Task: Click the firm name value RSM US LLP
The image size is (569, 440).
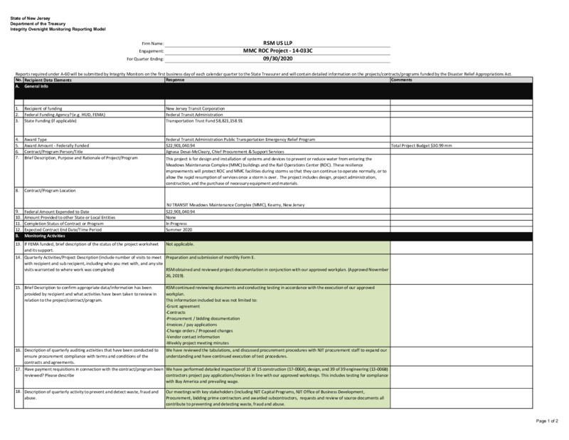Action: pyautogui.click(x=277, y=43)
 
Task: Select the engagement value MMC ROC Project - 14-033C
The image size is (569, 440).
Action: pyautogui.click(x=277, y=51)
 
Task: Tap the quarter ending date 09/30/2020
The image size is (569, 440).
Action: pyautogui.click(x=277, y=59)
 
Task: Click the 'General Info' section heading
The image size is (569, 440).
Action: pyautogui.click(x=39, y=85)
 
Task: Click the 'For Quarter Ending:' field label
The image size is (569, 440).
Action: pyautogui.click(x=145, y=59)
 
